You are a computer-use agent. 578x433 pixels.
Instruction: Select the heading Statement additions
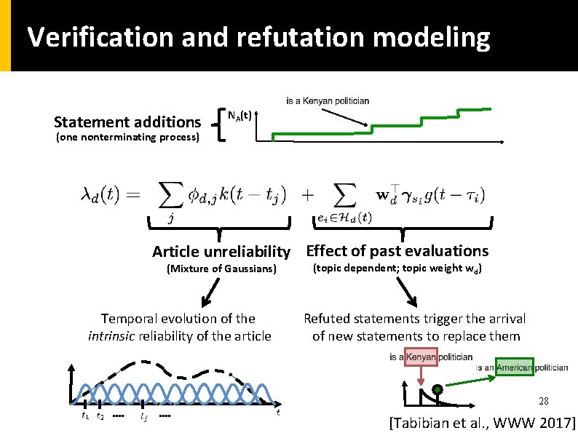click(127, 122)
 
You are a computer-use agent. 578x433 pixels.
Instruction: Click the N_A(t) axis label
click(240, 115)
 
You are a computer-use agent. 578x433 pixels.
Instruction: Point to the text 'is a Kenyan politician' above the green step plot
click(328, 100)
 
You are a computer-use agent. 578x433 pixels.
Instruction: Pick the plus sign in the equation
click(308, 194)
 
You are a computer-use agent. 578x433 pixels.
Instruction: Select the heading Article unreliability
click(221, 252)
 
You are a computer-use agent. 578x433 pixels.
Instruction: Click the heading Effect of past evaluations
click(397, 251)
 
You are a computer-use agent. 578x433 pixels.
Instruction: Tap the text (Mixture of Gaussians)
click(221, 269)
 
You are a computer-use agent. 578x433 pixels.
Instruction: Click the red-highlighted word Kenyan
click(421, 357)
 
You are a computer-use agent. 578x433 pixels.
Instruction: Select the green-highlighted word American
click(515, 368)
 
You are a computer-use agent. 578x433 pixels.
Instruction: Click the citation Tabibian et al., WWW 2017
click(483, 422)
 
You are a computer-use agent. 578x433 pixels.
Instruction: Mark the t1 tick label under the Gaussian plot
click(86, 417)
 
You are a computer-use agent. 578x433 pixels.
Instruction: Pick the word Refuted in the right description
click(326, 319)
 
